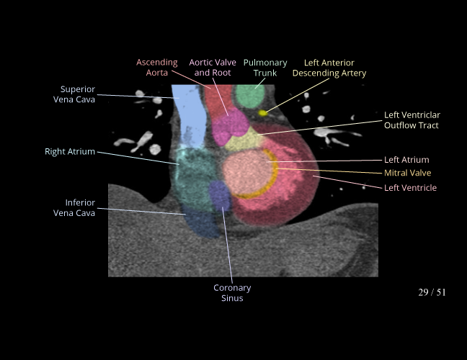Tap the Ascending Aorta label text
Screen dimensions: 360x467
(157, 68)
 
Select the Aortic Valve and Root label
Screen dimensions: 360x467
(213, 68)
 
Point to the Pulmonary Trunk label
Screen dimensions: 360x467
(265, 68)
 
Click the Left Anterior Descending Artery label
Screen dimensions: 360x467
(329, 68)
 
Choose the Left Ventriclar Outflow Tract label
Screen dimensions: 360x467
(412, 120)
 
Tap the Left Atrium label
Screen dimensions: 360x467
(406, 160)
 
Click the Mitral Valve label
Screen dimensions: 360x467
(407, 173)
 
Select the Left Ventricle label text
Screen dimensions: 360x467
(410, 188)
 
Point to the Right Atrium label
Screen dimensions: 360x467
(70, 152)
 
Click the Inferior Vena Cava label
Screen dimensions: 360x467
(74, 207)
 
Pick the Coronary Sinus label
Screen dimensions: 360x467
(232, 293)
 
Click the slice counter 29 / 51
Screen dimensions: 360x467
(432, 292)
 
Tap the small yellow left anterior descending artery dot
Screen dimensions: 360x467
(263, 113)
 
